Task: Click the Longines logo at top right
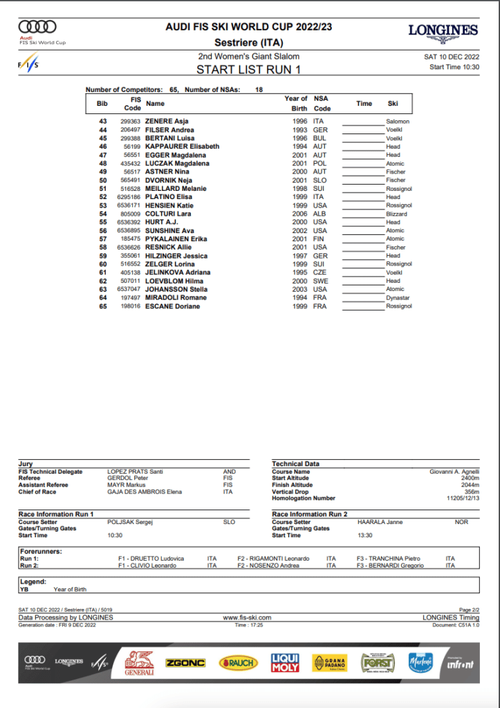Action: tap(443, 30)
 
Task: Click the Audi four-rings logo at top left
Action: tap(37, 28)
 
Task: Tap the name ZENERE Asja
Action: tap(167, 121)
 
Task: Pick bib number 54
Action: tap(103, 214)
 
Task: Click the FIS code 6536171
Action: tap(130, 205)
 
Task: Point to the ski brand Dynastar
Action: tap(398, 298)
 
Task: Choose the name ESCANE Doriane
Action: tap(172, 306)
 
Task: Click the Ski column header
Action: tap(393, 104)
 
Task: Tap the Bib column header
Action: tap(102, 104)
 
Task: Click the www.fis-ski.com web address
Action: tap(247, 617)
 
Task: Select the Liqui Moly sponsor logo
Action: tap(286, 663)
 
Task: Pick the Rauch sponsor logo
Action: tap(239, 663)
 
